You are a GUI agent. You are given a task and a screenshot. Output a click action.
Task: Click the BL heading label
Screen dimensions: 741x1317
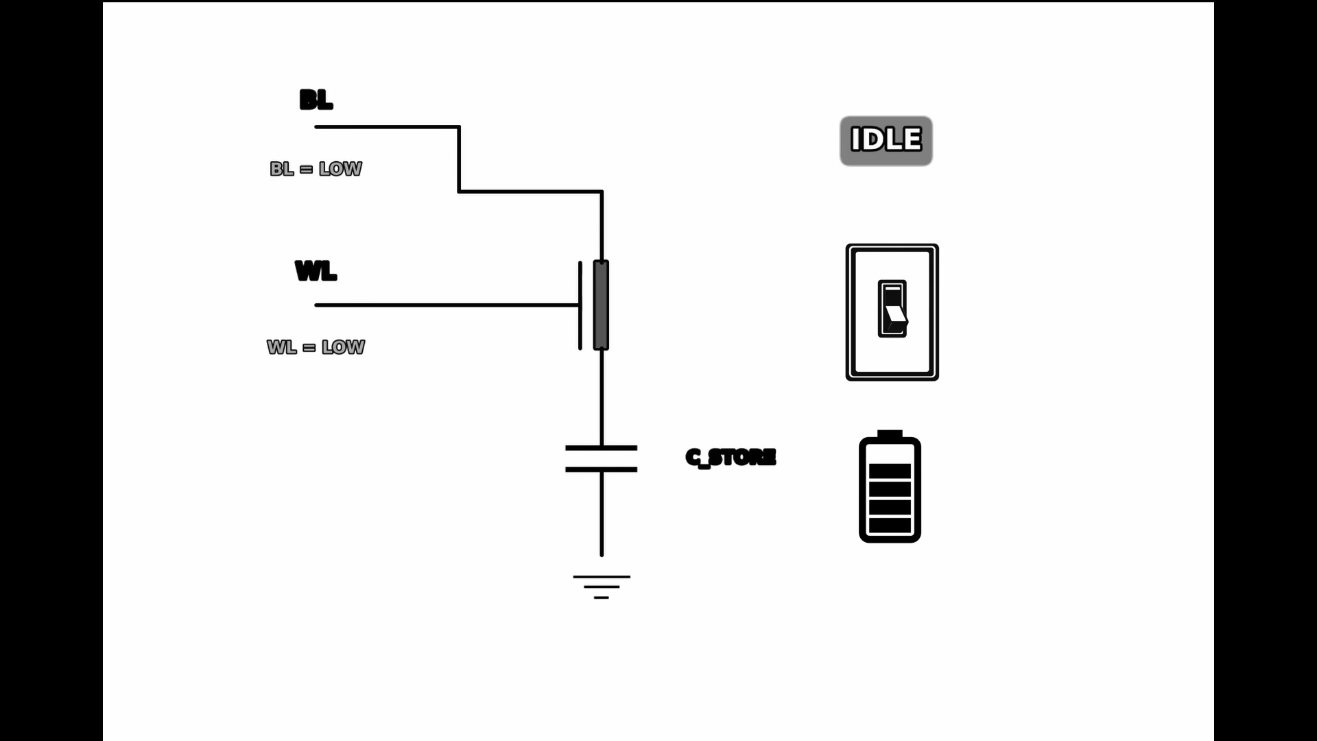point(316,100)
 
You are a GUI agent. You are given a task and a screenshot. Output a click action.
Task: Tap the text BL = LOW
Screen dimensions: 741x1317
point(316,169)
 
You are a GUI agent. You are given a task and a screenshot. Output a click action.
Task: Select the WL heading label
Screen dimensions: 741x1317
point(316,271)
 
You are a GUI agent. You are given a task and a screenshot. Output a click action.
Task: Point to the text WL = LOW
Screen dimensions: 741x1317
point(316,347)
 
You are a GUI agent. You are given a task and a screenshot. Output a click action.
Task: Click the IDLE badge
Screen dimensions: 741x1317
point(886,141)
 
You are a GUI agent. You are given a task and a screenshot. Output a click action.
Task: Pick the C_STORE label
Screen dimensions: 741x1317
point(731,457)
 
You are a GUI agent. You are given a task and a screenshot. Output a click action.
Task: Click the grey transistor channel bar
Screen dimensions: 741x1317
point(601,305)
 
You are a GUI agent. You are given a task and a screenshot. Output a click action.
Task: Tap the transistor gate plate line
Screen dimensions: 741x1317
point(580,305)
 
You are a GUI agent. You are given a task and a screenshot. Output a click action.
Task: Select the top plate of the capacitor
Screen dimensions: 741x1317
point(601,448)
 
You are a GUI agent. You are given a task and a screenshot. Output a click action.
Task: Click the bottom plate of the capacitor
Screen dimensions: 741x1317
point(601,470)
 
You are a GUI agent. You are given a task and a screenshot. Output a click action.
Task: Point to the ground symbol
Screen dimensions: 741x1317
point(602,587)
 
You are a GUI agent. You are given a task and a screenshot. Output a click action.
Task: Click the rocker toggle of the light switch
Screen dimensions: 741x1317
point(892,309)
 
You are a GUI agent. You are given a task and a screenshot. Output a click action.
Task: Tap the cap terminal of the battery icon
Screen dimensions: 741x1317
point(890,434)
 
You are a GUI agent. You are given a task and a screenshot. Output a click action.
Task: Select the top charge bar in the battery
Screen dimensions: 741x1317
point(890,471)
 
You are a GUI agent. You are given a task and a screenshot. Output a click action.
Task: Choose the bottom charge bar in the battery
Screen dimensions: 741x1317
point(890,526)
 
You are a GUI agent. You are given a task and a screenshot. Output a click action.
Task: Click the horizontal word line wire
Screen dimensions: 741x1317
point(446,305)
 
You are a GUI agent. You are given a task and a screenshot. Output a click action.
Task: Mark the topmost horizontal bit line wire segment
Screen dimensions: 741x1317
point(387,127)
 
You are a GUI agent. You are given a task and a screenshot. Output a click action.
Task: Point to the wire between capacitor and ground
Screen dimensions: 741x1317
point(602,515)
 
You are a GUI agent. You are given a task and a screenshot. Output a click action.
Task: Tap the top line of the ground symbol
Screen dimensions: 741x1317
point(602,577)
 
